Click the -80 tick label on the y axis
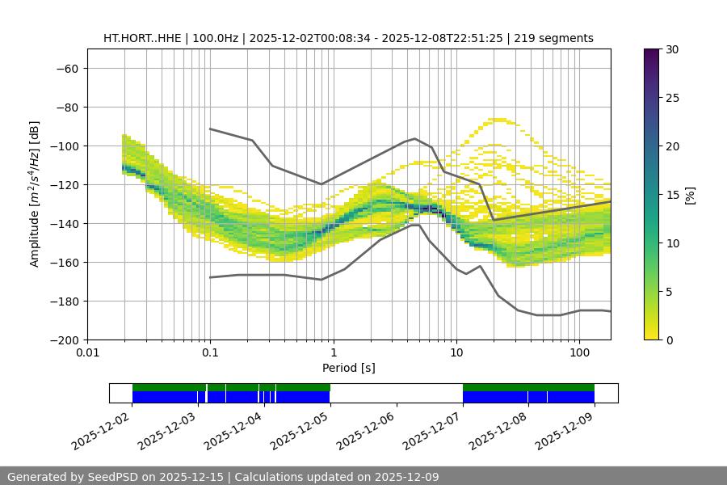(66, 107)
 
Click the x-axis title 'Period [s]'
(349, 368)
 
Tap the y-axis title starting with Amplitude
(35, 194)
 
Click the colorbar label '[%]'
(689, 195)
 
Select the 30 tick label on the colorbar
(672, 49)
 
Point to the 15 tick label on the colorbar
(672, 195)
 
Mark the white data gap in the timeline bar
(396, 393)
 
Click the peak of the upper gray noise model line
(415, 138)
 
